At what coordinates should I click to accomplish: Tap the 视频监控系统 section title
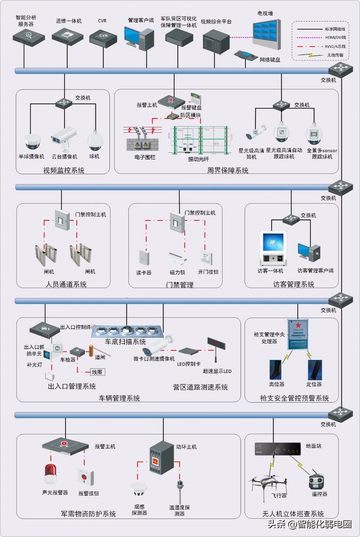[x=64, y=170]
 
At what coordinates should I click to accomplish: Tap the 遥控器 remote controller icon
[x=316, y=481]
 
